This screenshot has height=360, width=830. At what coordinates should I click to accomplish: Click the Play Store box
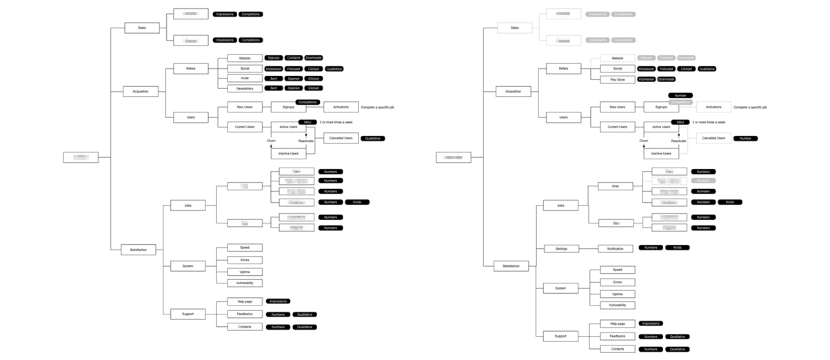click(x=617, y=79)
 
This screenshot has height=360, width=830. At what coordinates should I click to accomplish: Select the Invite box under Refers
click(x=245, y=79)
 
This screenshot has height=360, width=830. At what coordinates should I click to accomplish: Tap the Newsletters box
click(x=245, y=88)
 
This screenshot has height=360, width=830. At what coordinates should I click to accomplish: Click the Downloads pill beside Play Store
click(x=666, y=79)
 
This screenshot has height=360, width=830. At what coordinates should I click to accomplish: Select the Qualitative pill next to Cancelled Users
click(x=372, y=139)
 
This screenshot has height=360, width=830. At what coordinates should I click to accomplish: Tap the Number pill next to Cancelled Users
click(x=745, y=139)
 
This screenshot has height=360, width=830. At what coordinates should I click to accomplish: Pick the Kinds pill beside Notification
click(x=677, y=248)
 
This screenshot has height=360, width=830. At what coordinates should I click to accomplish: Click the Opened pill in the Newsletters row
click(x=294, y=88)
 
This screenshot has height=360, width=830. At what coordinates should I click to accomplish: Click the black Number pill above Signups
click(x=680, y=95)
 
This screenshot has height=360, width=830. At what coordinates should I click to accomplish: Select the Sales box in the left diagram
click(x=142, y=28)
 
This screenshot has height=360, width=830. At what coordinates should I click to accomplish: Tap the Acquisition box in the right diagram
click(x=514, y=92)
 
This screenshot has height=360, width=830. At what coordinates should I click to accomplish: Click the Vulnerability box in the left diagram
click(x=245, y=283)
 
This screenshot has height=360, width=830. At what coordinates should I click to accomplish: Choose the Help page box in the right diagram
click(x=617, y=323)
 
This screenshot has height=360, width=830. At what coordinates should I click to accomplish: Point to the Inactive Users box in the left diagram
click(x=288, y=153)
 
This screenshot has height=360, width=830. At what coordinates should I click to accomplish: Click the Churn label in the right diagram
click(x=643, y=141)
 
